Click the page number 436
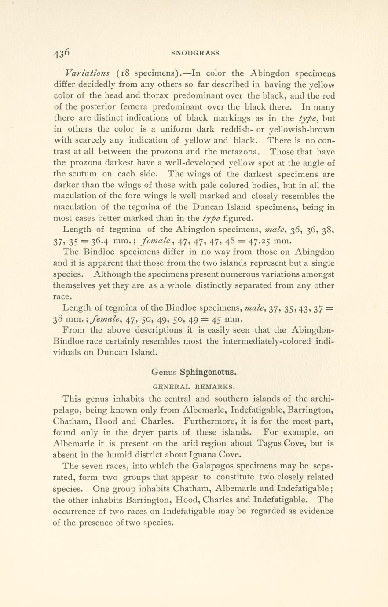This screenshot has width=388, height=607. [62, 53]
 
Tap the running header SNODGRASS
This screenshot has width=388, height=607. [195, 53]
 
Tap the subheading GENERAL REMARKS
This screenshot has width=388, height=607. [194, 388]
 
